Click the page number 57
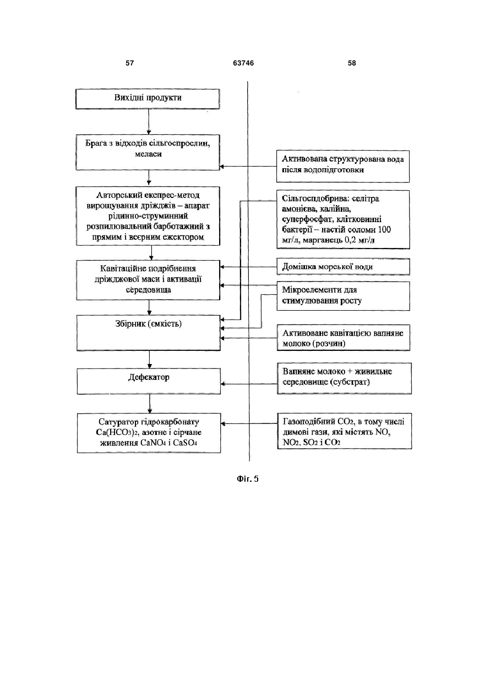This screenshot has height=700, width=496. pos(129,63)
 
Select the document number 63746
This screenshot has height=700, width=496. pos(243,63)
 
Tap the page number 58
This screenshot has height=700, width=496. pos(352,63)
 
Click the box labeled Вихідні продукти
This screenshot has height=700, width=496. pos(148,99)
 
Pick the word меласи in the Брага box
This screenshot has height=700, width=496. pos(148,154)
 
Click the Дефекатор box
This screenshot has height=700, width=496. pos(149,381)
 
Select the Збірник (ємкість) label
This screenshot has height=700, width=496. pos(148,324)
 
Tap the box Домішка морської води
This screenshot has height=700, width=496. pos(344,267)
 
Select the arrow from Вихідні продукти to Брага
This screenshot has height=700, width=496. pos(149,122)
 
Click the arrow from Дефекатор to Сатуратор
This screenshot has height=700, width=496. pos(150,404)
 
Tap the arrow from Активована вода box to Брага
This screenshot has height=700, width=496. pos(248,167)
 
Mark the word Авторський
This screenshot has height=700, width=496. pos(116,195)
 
